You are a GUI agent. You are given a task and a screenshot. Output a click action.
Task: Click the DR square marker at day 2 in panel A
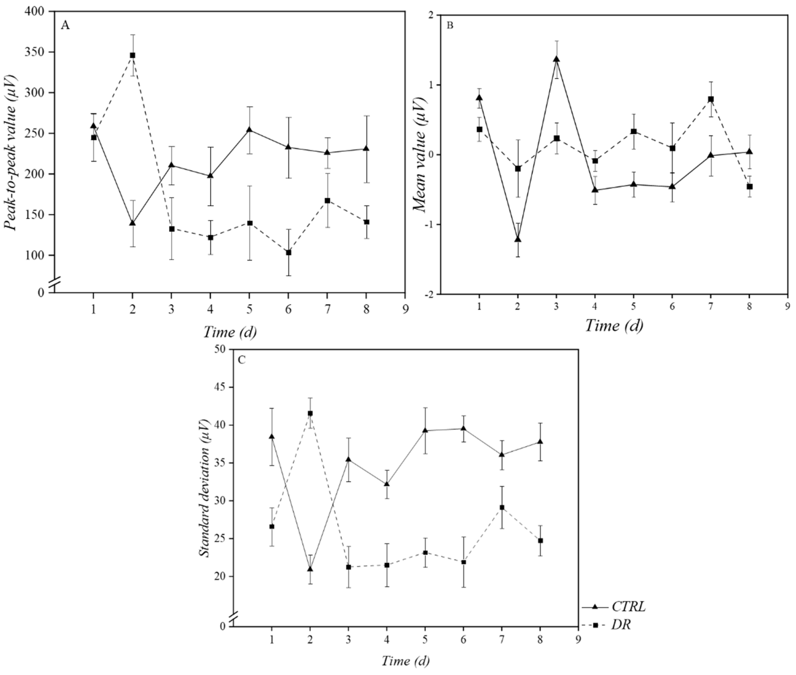[132, 55]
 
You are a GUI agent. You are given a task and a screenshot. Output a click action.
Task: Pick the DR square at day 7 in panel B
[711, 99]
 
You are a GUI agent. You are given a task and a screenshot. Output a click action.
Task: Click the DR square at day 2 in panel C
[310, 413]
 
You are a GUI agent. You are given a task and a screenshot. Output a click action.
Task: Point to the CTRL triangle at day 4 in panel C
[387, 484]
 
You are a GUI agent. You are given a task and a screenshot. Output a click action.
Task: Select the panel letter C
[242, 360]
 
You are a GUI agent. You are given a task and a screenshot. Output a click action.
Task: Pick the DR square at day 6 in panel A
[288, 253]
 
